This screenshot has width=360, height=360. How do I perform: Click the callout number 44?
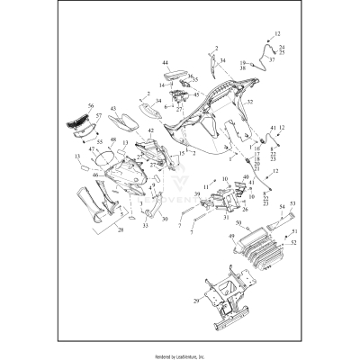(x=166, y=64)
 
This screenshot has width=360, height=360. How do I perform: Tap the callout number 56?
(x=90, y=106)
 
